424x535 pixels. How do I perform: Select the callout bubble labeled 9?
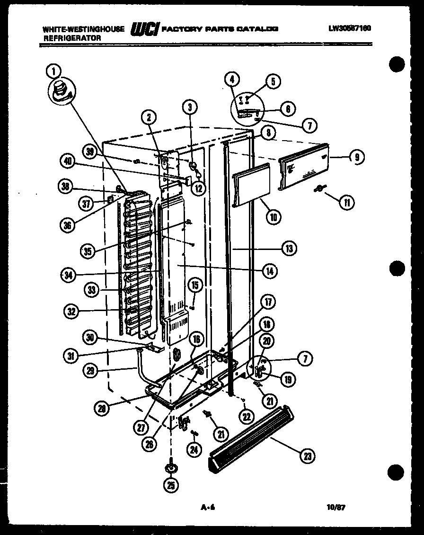[x=356, y=157]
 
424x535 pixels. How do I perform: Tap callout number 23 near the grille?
[x=307, y=456]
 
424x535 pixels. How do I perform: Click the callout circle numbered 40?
[x=69, y=161]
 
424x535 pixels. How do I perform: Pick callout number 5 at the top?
[x=273, y=81]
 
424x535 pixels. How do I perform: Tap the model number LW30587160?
[x=350, y=28]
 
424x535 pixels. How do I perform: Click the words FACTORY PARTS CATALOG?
[x=220, y=28]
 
